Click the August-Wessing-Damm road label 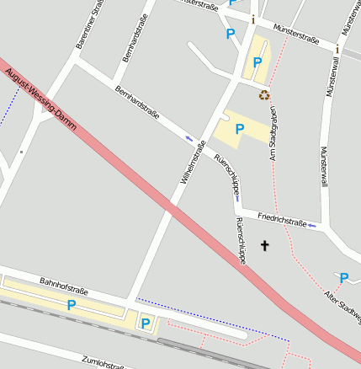pyautogui.click(x=40, y=100)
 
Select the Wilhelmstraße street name pyautogui.click(x=194, y=163)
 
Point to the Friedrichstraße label pyautogui.click(x=282, y=221)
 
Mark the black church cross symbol pyautogui.click(x=265, y=246)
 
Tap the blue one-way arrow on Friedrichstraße pyautogui.click(x=312, y=225)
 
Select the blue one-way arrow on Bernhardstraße pyautogui.click(x=188, y=137)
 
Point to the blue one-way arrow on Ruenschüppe pyautogui.click(x=238, y=199)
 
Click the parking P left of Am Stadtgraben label pyautogui.click(x=240, y=129)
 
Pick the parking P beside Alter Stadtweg pyautogui.click(x=343, y=277)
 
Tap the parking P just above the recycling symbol pyautogui.click(x=257, y=61)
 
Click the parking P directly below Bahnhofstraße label pyautogui.click(x=72, y=305)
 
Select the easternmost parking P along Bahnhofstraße pyautogui.click(x=146, y=323)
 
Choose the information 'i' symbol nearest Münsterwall pyautogui.click(x=337, y=49)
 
